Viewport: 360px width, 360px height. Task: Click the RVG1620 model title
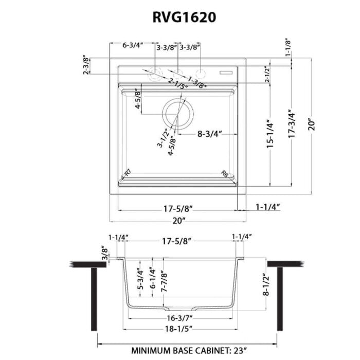click(184, 16)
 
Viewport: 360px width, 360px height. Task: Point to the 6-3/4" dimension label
click(133, 45)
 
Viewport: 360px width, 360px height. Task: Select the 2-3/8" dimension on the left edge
click(85, 66)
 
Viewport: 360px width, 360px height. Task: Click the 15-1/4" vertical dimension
click(268, 135)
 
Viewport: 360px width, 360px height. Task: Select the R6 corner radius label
click(225, 174)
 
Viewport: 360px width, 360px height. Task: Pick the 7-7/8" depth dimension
click(164, 282)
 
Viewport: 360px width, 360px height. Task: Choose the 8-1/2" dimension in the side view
click(266, 285)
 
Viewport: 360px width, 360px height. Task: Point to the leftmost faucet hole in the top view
click(154, 75)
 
